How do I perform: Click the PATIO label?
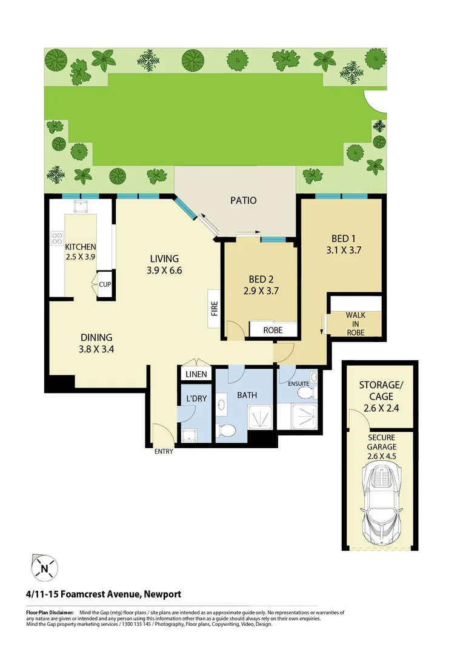(243, 200)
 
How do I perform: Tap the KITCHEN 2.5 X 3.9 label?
(81, 252)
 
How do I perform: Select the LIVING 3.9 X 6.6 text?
(164, 264)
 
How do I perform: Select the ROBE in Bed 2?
(273, 331)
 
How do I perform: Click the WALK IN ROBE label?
(355, 324)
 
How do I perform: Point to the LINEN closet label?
(196, 374)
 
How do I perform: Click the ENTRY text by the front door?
(164, 451)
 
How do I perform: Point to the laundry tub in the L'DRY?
(189, 434)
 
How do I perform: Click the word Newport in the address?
(161, 594)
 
